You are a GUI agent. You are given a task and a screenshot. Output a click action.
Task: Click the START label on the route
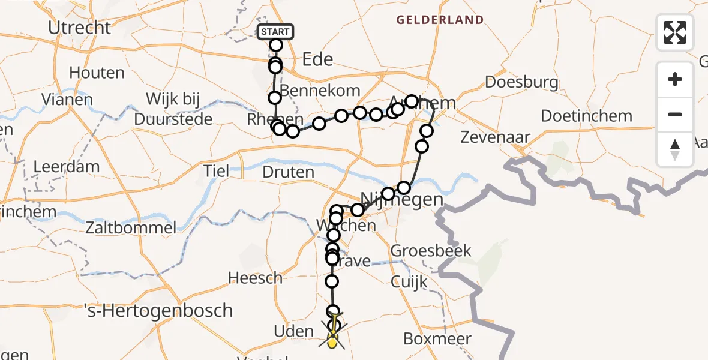pos(275,32)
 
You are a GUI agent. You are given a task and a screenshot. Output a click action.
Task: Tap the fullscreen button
pos(675,32)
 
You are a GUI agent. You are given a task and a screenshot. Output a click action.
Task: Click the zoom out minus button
pos(675,114)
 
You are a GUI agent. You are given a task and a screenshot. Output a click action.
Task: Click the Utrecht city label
pos(80,28)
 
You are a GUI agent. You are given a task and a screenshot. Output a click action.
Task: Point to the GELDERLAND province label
pos(440,20)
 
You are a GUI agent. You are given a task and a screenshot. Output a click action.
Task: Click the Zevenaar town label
pos(495,137)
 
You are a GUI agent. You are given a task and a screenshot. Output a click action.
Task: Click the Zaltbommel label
pos(131,227)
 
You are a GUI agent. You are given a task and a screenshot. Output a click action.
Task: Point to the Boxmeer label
pos(437,338)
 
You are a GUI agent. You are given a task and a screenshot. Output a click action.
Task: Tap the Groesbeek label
pos(431,251)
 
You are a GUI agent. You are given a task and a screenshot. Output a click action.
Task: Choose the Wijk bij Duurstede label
pos(173,109)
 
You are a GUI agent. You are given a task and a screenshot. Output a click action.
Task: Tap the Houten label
pos(97,73)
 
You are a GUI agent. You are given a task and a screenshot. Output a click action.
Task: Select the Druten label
pos(288,172)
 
